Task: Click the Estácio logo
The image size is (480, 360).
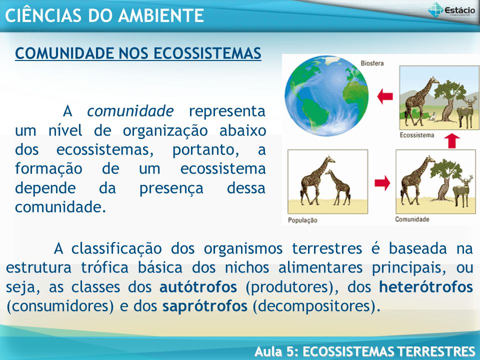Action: pyautogui.click(x=451, y=10)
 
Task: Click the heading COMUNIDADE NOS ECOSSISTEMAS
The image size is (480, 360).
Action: pyautogui.click(x=138, y=53)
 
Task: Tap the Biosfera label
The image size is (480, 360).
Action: pyautogui.click(x=372, y=63)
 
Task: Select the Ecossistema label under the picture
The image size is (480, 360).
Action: pyautogui.click(x=416, y=135)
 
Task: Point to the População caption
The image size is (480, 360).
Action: pyautogui.click(x=302, y=220)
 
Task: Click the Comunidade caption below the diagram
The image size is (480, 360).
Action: pyautogui.click(x=412, y=219)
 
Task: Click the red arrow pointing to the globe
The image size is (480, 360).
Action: pyautogui.click(x=385, y=96)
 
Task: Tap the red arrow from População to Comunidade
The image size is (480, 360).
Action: pyautogui.click(x=382, y=183)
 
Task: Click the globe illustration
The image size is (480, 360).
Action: pyautogui.click(x=326, y=96)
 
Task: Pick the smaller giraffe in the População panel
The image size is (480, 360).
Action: pyautogui.click(x=339, y=187)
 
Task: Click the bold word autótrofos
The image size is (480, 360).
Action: pyautogui.click(x=198, y=287)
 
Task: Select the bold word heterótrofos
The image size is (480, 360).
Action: pyautogui.click(x=426, y=287)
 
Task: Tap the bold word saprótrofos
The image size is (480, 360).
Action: pyautogui.click(x=205, y=306)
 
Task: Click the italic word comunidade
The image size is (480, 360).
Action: pyautogui.click(x=130, y=111)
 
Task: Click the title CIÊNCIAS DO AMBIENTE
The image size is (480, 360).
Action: pyautogui.click(x=104, y=15)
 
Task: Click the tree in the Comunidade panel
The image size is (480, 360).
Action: pyautogui.click(x=445, y=180)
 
